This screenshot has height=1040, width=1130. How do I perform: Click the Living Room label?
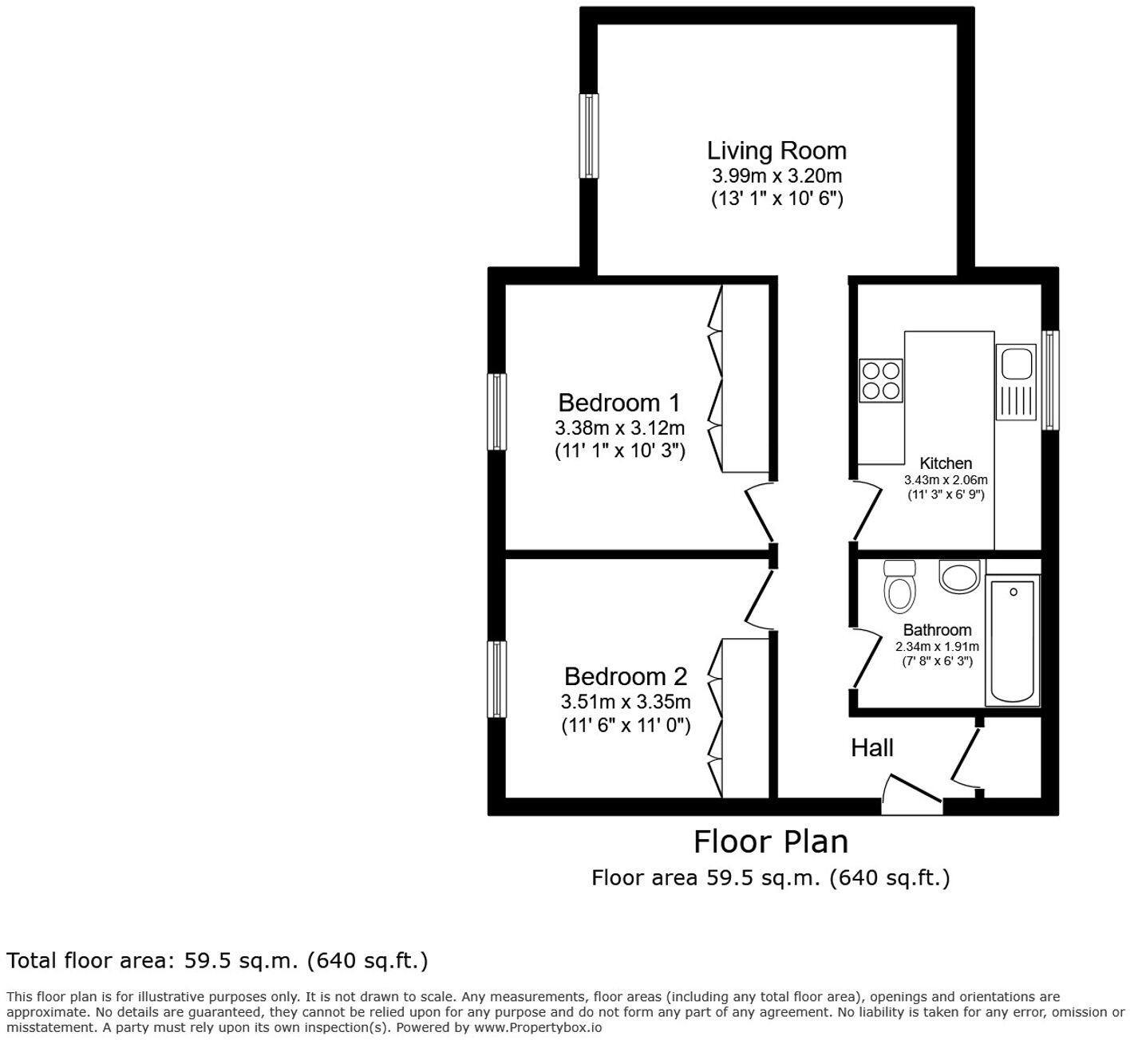776,151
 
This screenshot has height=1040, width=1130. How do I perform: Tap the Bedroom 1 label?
619,404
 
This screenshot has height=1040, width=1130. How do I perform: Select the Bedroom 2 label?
626,677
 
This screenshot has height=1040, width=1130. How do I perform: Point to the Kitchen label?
946,463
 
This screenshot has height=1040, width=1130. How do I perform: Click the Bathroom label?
938,629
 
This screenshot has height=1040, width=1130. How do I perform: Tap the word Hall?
872,748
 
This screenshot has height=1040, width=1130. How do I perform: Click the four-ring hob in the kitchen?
881,380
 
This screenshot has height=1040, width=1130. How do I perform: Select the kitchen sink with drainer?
1016,382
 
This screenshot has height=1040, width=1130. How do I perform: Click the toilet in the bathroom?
900,587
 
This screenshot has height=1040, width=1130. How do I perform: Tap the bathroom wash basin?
960,576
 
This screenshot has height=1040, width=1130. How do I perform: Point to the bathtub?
1012,640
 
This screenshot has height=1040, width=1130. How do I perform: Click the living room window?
589,136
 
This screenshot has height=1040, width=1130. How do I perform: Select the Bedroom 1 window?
496,412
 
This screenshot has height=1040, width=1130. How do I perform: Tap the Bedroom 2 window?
496,679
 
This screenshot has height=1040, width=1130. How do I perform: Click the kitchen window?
1050,380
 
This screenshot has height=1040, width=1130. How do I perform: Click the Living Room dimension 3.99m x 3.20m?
776,176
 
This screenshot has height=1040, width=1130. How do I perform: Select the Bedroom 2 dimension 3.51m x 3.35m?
626,702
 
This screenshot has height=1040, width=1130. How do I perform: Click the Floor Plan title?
771,841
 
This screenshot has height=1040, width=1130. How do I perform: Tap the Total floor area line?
217,960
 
